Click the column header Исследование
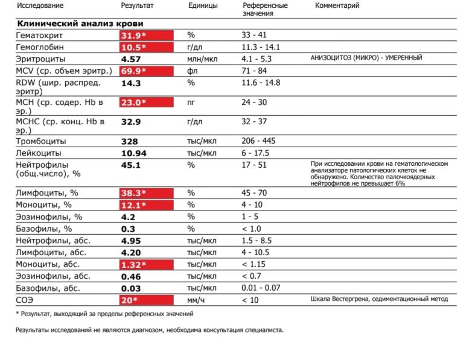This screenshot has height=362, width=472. tap(40, 6)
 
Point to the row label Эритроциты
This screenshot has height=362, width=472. tap(40, 59)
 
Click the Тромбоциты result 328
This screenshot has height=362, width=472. tap(130, 141)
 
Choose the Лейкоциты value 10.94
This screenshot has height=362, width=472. tap(133, 153)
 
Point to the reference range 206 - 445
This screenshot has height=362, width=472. tap(258, 141)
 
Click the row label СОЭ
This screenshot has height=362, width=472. tap(25, 300)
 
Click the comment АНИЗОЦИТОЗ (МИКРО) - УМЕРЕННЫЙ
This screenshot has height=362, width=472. tap(366, 58)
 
